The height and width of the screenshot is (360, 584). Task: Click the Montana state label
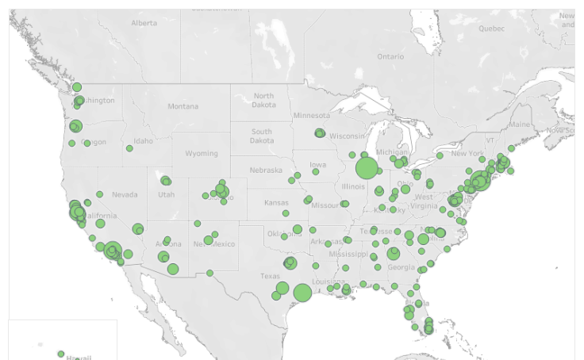(182, 106)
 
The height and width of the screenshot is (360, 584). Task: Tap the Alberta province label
(144, 23)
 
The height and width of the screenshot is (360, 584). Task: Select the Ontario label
(390, 56)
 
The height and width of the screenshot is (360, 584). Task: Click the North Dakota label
(263, 100)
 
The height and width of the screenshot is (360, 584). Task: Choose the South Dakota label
(261, 136)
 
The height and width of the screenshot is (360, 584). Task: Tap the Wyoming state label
(200, 153)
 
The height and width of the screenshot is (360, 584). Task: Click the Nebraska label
(266, 170)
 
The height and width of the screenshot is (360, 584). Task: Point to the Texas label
(270, 276)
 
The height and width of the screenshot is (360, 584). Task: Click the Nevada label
(125, 194)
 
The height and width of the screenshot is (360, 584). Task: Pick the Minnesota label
(312, 116)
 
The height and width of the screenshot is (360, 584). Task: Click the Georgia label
(401, 267)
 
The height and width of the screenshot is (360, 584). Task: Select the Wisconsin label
(346, 136)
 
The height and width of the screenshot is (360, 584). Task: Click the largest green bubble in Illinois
(367, 168)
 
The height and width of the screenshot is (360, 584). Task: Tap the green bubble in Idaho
(129, 148)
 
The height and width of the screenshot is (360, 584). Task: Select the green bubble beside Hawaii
(61, 354)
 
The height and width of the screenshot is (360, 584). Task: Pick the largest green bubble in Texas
(302, 293)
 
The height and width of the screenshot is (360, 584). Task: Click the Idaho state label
(143, 141)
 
